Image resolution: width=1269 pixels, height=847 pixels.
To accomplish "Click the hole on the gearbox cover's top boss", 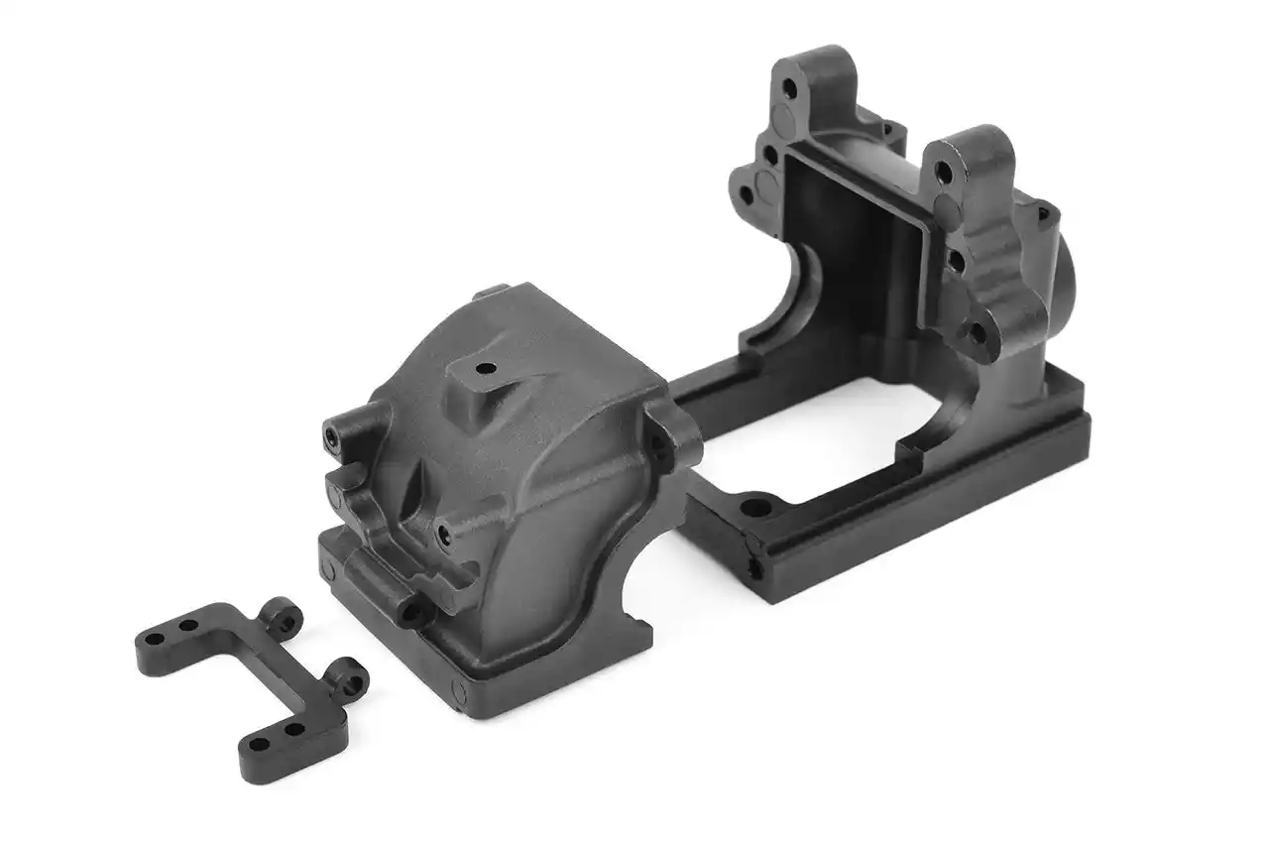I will [x=486, y=369].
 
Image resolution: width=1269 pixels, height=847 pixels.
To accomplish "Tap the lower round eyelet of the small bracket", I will [x=348, y=678].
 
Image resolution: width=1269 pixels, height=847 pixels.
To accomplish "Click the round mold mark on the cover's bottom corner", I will [x=458, y=691].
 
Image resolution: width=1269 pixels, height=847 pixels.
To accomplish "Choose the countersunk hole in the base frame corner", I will [x=758, y=507].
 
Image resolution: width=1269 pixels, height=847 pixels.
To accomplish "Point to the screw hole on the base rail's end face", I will [x=755, y=566].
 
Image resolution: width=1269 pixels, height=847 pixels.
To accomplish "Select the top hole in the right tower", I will [x=943, y=173].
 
